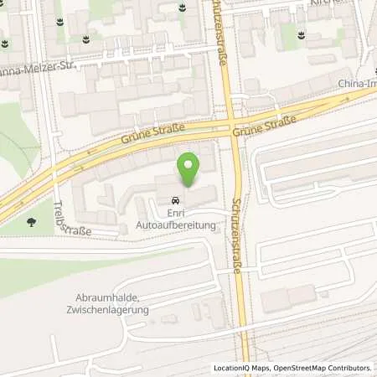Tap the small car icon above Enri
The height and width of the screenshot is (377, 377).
tap(175, 201)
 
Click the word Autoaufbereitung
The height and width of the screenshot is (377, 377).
tap(175, 225)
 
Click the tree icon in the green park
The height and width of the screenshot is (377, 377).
tap(31, 222)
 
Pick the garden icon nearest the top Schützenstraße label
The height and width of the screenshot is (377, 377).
tap(183, 9)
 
